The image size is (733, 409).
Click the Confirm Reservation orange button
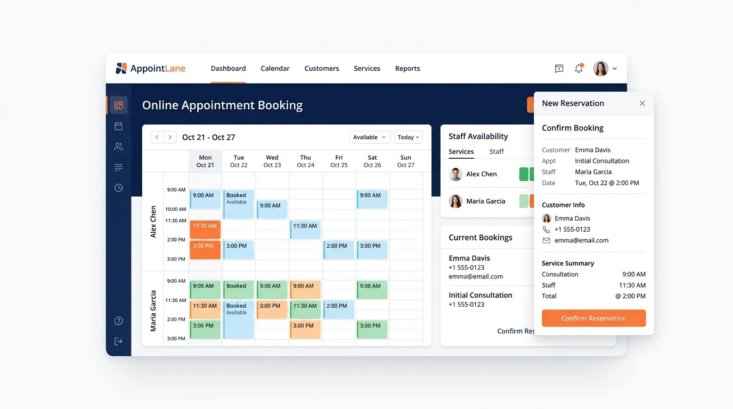click(x=593, y=318)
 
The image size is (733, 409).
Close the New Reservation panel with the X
click(x=642, y=103)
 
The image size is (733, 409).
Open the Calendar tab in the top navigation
click(x=275, y=68)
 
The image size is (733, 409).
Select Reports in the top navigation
click(x=408, y=68)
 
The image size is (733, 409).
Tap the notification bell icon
click(x=579, y=68)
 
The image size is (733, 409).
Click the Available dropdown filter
click(x=370, y=137)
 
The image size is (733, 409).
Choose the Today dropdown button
click(x=408, y=137)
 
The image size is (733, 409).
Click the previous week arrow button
click(x=157, y=137)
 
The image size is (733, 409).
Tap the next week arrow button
click(x=170, y=137)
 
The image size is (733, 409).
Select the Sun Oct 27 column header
click(x=406, y=161)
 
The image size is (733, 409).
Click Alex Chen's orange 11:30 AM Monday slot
click(x=205, y=230)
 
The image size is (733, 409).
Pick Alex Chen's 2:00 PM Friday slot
click(x=339, y=250)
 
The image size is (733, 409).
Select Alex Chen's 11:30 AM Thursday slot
click(x=305, y=230)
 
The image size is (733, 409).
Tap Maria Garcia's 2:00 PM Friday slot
click(x=339, y=309)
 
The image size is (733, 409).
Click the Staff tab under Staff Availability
click(x=496, y=151)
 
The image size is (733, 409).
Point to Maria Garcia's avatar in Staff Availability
click(x=455, y=201)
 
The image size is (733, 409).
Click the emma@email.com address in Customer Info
click(x=582, y=241)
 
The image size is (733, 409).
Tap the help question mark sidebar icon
click(x=118, y=321)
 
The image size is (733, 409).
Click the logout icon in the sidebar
click(x=118, y=341)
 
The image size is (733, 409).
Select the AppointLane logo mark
click(x=121, y=68)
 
